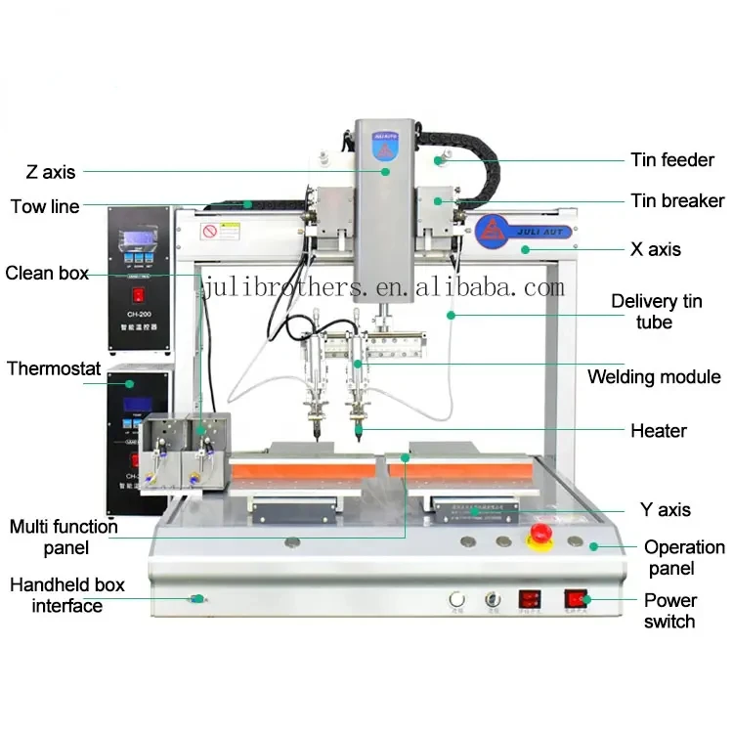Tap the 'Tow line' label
coord(45,206)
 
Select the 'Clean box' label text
coord(47,273)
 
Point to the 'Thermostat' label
coord(54,368)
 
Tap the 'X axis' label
coord(655,249)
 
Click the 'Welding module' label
coord(654,377)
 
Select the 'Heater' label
coord(658,430)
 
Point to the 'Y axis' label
coord(665,509)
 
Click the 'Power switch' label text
coord(669,611)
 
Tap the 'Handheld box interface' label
coord(67,595)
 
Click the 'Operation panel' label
coord(684,557)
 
